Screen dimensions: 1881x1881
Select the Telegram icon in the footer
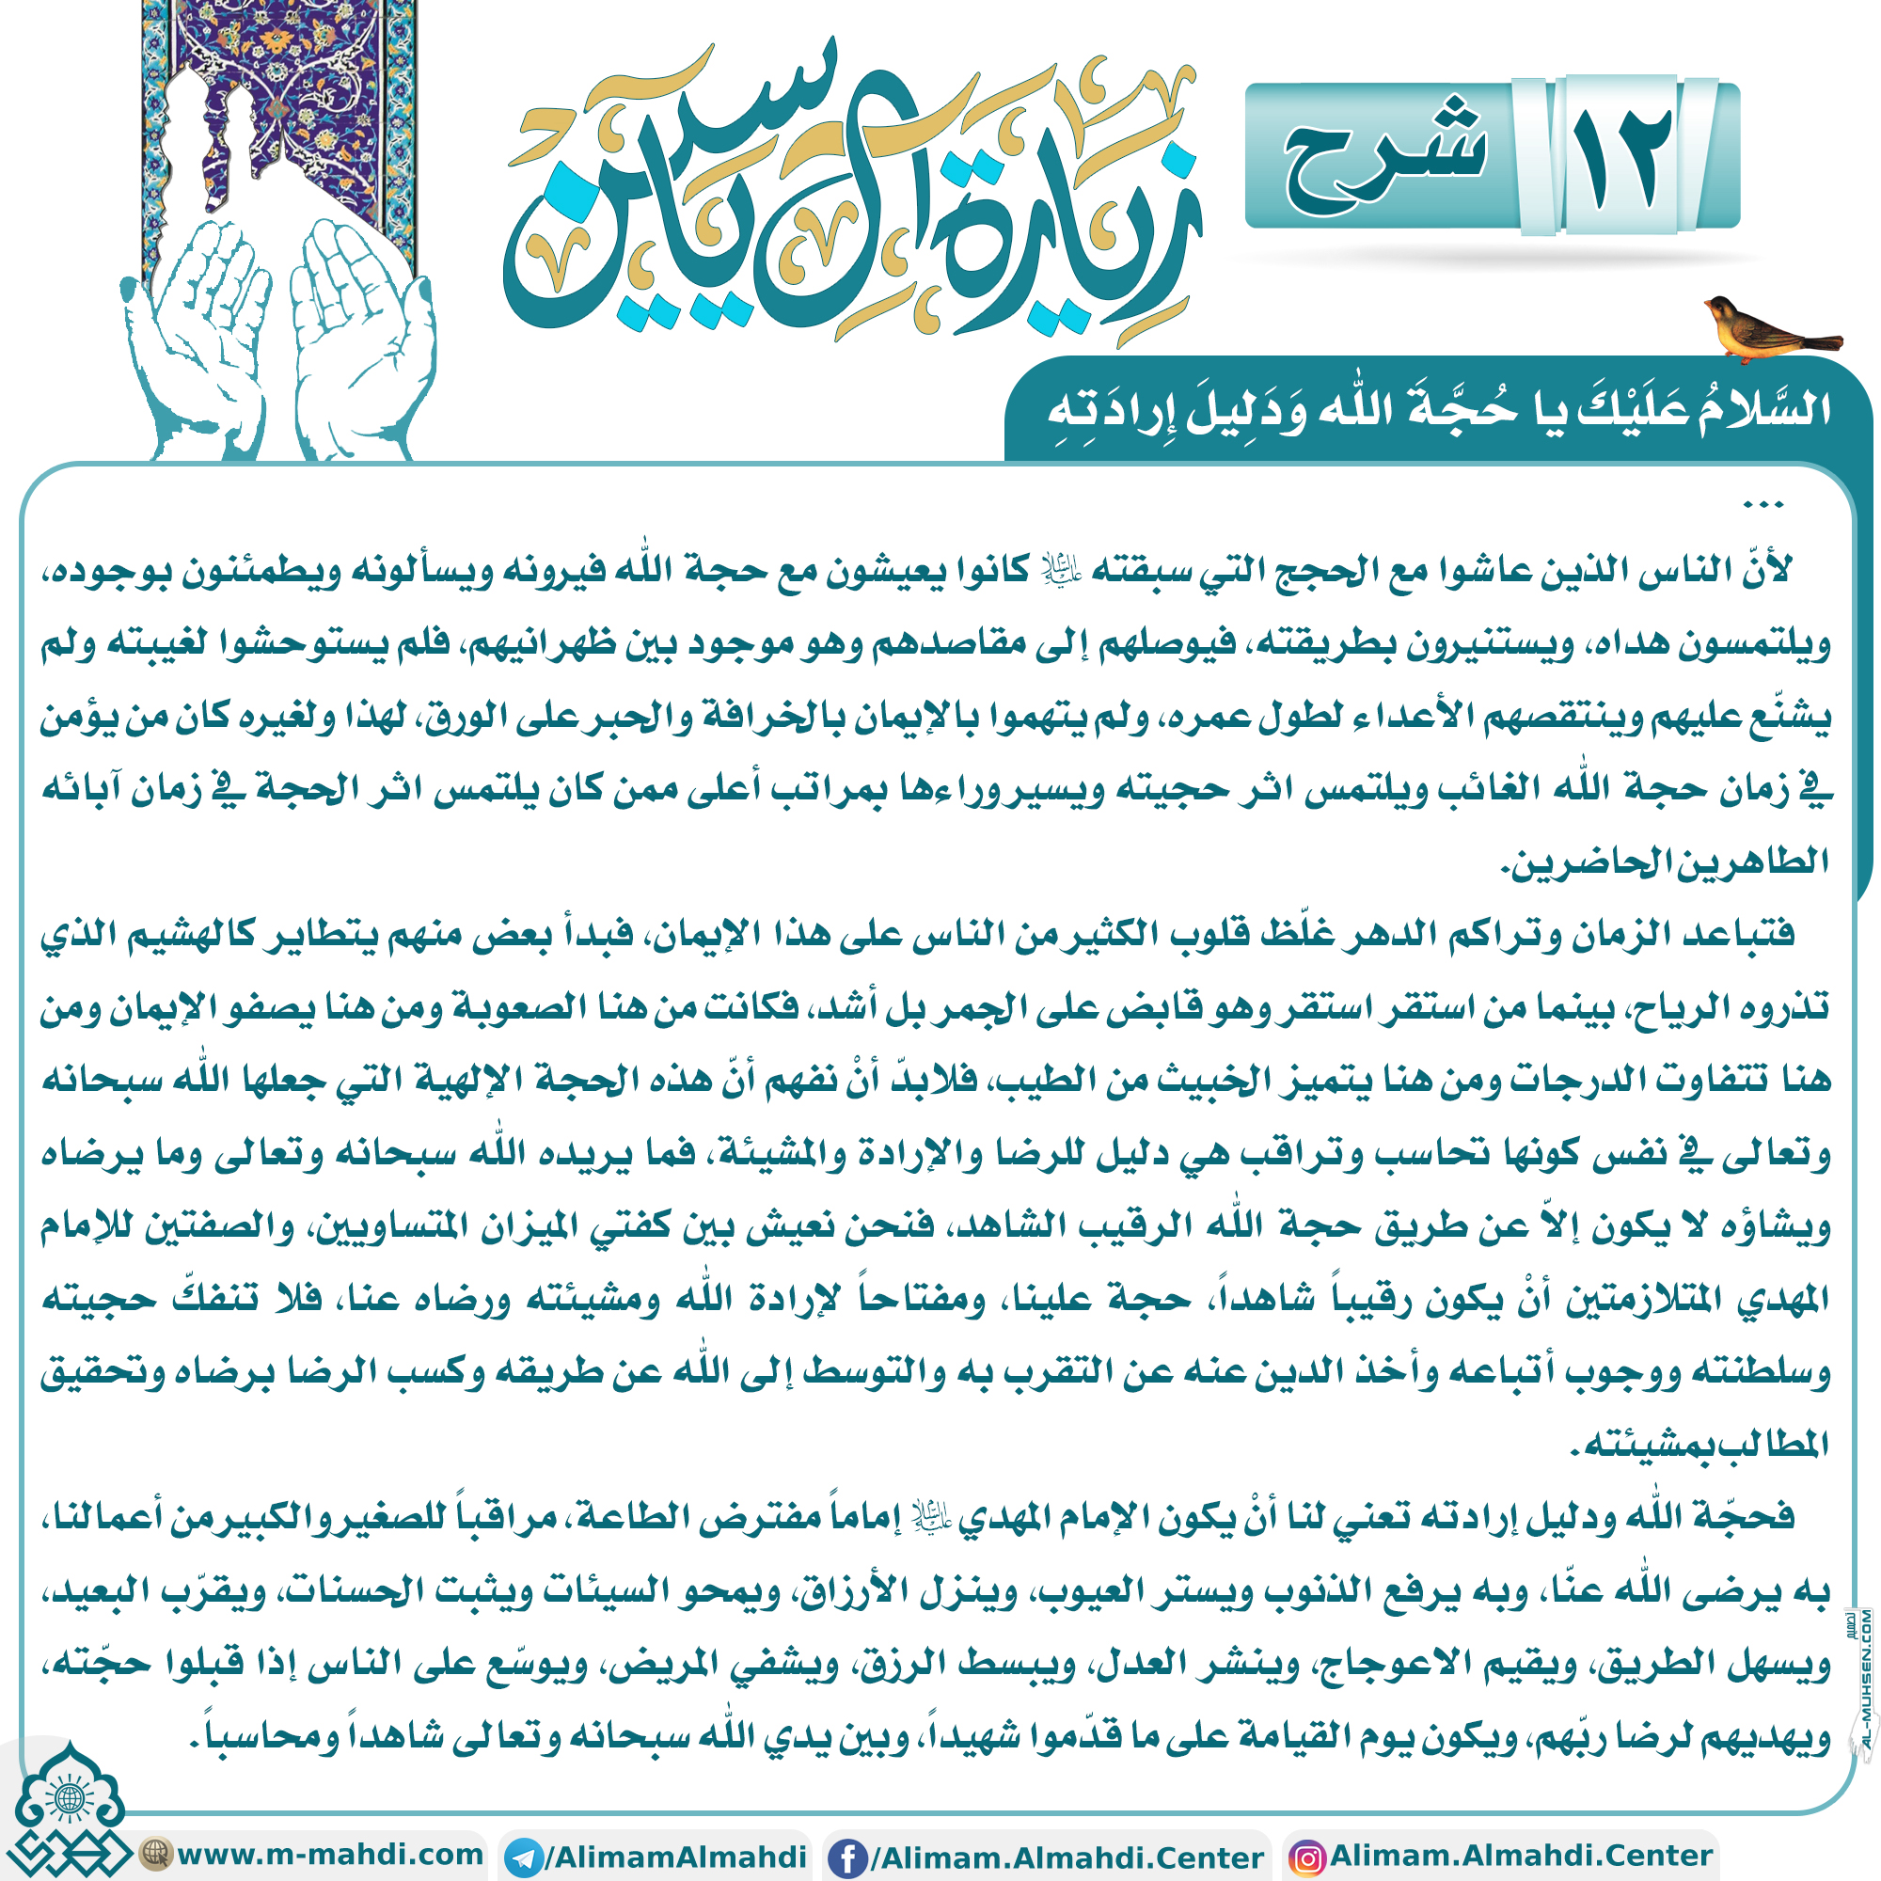pos(525,1857)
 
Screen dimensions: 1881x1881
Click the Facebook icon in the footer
pos(847,1857)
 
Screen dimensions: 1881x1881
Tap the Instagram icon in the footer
pos(1305,1857)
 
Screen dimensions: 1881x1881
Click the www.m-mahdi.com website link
pos(329,1854)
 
